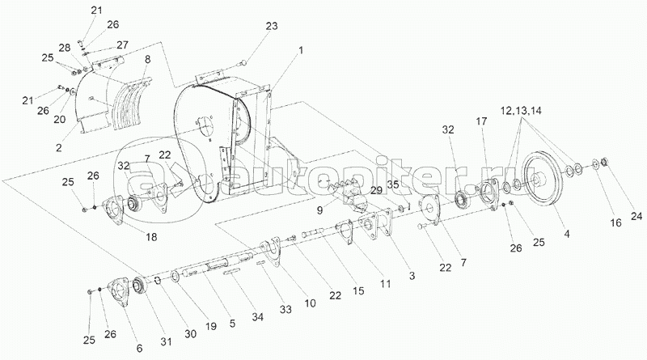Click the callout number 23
[272, 27]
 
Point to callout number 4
[565, 235]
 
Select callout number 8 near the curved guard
[147, 60]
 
